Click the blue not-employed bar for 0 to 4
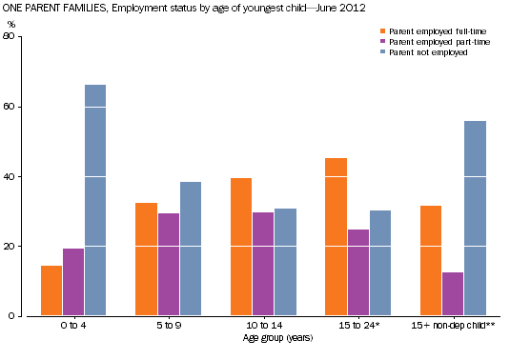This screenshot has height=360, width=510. point(95,200)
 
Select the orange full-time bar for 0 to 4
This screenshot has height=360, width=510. point(51,290)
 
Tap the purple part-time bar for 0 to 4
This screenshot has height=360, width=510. point(73,282)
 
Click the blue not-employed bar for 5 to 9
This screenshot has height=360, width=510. point(190,249)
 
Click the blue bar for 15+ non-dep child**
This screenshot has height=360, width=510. point(475,218)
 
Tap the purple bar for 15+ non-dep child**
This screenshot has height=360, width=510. point(453,294)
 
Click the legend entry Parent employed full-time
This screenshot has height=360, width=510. point(424,30)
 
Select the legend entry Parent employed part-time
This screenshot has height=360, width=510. point(424,41)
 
